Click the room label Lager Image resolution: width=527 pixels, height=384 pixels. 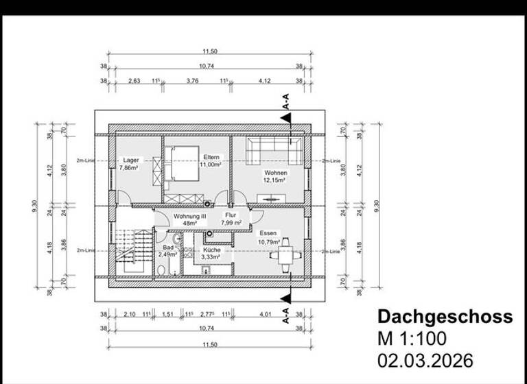[131, 160]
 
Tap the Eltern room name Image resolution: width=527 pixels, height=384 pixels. [210, 157]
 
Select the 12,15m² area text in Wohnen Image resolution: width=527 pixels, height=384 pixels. [275, 180]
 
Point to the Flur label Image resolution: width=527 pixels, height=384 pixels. [231, 215]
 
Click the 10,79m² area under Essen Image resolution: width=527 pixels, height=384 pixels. [270, 241]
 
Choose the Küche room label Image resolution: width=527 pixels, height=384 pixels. [211, 250]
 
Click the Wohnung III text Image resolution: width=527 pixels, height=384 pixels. [190, 215]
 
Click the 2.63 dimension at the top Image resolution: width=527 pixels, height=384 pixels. [134, 80]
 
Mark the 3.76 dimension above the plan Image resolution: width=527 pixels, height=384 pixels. [192, 80]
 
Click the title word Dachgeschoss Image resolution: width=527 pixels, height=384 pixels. [445, 317]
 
